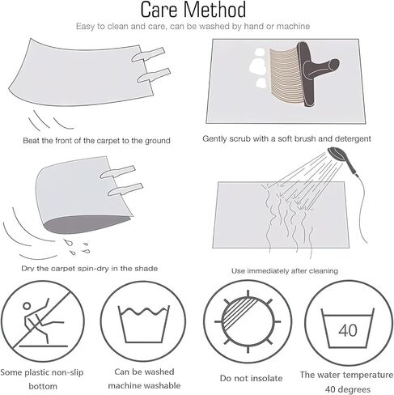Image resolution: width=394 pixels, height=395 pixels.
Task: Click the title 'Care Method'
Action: (193, 10)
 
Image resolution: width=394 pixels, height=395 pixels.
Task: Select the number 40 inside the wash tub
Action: (348, 330)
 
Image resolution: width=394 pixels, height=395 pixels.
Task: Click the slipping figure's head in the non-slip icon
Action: (27, 306)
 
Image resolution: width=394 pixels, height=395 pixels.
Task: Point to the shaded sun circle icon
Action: (248, 321)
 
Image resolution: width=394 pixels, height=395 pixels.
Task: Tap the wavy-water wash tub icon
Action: (143, 324)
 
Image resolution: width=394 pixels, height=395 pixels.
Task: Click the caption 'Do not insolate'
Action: (251, 378)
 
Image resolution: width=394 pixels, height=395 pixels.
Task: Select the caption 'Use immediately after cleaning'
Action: (285, 270)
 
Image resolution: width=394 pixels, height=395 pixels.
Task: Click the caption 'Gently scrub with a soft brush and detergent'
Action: (286, 138)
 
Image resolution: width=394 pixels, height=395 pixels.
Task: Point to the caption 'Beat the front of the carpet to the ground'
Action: (96, 141)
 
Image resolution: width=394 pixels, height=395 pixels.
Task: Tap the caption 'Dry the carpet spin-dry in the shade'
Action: (90, 269)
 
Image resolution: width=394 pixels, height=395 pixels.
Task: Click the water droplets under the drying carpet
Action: (77, 246)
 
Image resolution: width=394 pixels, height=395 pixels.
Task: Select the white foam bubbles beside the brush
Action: (258, 68)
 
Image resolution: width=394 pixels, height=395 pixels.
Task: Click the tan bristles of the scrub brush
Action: (285, 73)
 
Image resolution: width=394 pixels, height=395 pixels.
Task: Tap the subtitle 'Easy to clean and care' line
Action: (193, 26)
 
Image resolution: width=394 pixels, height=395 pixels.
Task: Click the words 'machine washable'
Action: (144, 385)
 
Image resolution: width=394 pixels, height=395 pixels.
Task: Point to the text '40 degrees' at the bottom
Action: (348, 389)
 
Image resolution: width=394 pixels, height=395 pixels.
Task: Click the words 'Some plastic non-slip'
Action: (42, 372)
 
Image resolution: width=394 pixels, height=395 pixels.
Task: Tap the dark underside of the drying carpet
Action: (87, 224)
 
